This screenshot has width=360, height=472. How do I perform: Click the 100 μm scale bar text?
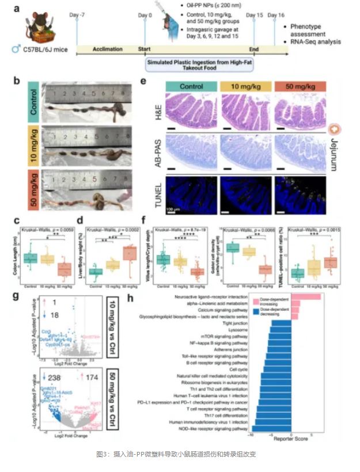[176, 205]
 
